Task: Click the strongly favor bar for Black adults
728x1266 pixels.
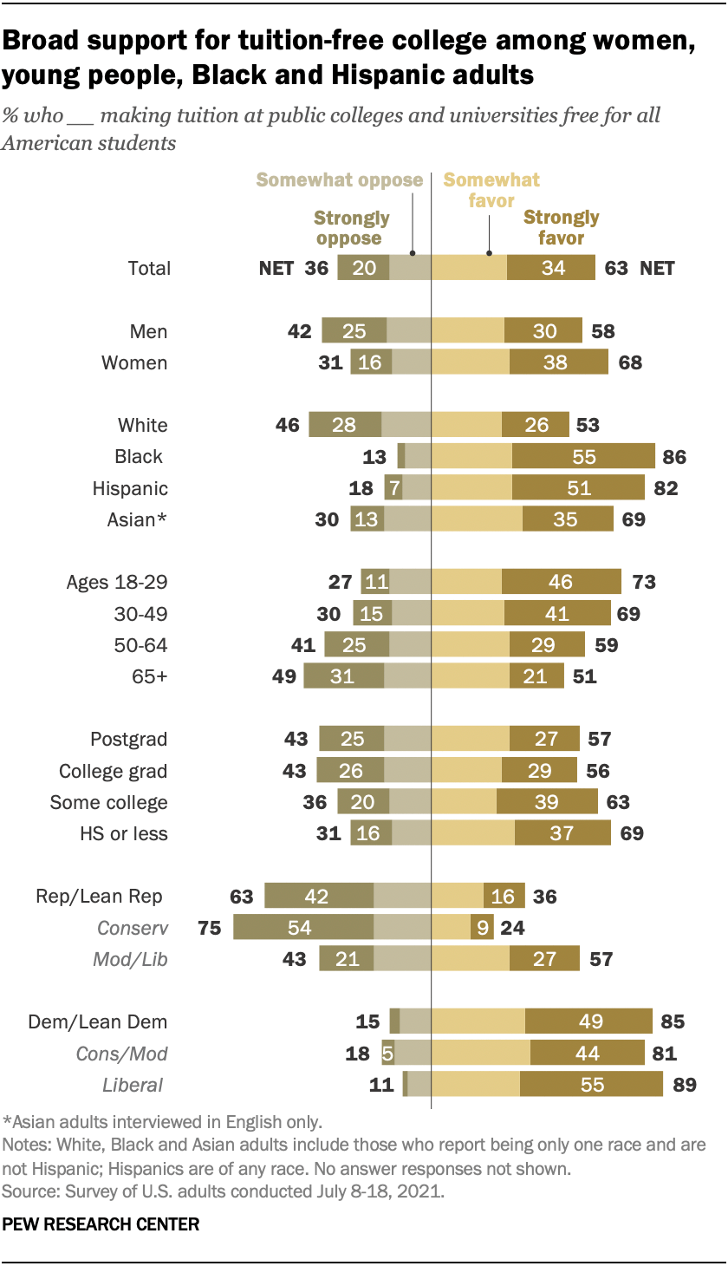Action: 583,456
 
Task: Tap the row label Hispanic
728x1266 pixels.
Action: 130,488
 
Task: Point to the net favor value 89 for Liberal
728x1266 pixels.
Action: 679,1084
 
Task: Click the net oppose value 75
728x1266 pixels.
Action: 210,928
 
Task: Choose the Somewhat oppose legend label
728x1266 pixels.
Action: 339,180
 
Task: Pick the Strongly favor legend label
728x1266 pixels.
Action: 561,227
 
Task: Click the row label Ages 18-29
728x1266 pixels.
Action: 117,582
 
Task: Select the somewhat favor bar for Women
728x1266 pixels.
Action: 471,362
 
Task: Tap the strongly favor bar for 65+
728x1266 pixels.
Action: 535,676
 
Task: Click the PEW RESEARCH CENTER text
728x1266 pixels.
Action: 101,1225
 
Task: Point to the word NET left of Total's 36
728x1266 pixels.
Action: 276,268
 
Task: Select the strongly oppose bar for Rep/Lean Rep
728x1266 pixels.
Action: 319,897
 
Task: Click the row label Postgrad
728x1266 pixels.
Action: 129,740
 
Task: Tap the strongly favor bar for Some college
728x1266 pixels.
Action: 546,802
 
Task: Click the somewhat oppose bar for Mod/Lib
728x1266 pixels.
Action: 402,959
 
